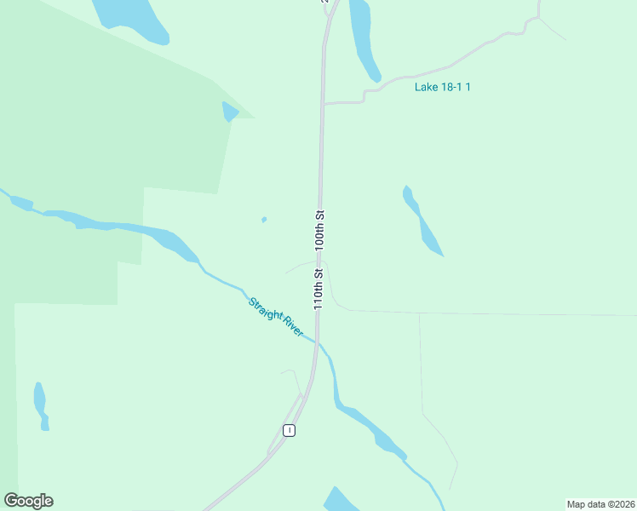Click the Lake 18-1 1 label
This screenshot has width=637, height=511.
pos(442,87)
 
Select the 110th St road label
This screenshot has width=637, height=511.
pos(318,289)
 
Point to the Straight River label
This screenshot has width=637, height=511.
pos(275,316)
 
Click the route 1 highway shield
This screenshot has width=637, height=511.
pos(290,430)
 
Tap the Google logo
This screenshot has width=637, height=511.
pos(28,501)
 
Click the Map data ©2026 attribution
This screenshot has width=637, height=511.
pos(601,503)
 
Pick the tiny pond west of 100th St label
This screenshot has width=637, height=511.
pos(264,220)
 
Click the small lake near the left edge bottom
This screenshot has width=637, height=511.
pos(40,404)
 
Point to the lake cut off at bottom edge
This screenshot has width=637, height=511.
pos(341,501)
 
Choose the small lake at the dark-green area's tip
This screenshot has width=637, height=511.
pos(229,112)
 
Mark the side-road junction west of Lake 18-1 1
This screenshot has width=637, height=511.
pos(323,103)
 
